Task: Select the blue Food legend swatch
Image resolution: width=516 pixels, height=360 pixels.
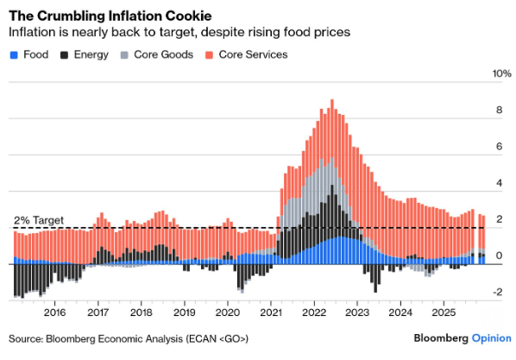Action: [x=13, y=54]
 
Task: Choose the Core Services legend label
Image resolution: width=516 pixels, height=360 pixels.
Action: [x=253, y=54]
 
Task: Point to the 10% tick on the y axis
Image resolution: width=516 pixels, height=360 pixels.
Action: [x=501, y=74]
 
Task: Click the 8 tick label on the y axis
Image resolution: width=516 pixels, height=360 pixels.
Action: [x=497, y=111]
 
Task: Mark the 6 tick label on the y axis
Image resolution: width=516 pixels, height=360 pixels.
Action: [x=497, y=147]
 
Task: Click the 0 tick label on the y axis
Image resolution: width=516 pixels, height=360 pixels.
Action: [x=497, y=256]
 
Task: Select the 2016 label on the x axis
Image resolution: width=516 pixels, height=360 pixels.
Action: [x=54, y=312]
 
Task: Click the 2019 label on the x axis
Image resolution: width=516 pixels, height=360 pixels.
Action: [x=184, y=312]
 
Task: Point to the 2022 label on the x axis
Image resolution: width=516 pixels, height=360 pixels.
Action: [x=314, y=312]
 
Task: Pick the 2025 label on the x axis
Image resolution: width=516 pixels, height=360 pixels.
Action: [x=444, y=312]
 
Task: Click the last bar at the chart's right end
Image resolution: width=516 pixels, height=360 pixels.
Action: [x=483, y=237]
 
